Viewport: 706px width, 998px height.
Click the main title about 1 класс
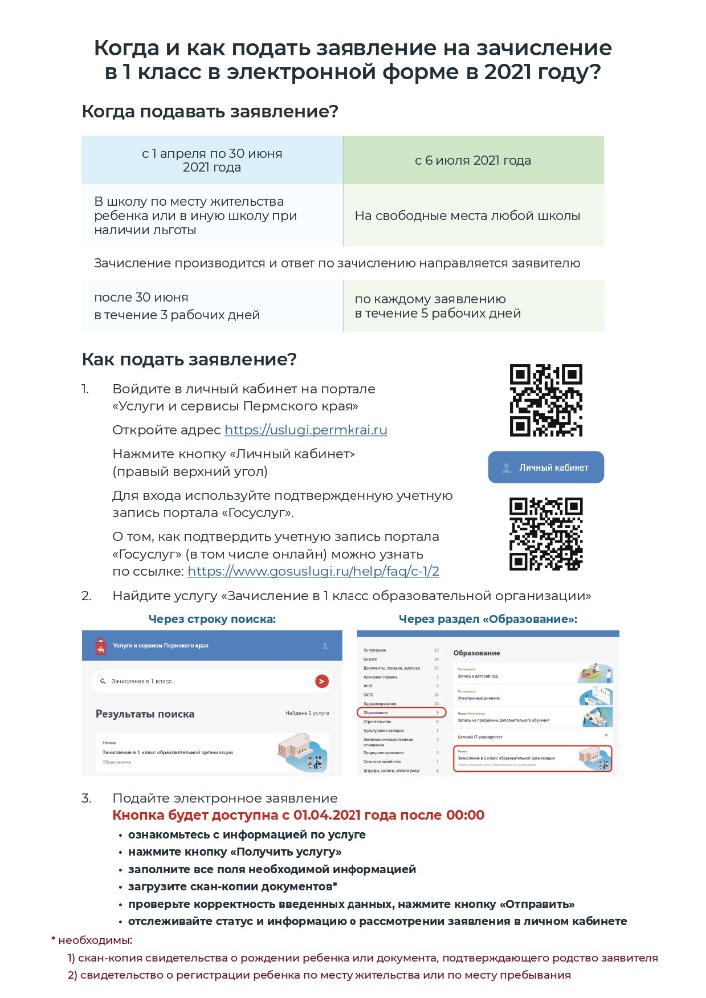point(353,60)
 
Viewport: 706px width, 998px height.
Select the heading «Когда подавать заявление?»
point(210,112)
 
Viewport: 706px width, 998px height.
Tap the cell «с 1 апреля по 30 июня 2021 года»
point(212,160)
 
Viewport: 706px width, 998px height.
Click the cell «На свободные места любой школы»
point(467,216)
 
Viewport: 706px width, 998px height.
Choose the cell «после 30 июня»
point(141,297)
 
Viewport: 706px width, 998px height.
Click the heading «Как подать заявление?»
point(189,359)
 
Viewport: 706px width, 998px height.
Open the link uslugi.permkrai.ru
point(306,430)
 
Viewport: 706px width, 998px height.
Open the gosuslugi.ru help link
point(314,572)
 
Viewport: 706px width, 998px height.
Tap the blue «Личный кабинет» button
point(546,467)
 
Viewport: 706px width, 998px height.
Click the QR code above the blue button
point(546,401)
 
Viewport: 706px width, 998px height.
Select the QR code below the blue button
point(546,534)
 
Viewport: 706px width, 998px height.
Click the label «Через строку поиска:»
point(212,619)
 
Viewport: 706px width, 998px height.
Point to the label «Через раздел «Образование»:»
point(488,619)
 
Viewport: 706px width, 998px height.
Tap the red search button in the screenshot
point(321,681)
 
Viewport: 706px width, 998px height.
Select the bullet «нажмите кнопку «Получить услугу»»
point(235,852)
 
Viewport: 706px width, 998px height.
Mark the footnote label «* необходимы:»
point(91,940)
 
